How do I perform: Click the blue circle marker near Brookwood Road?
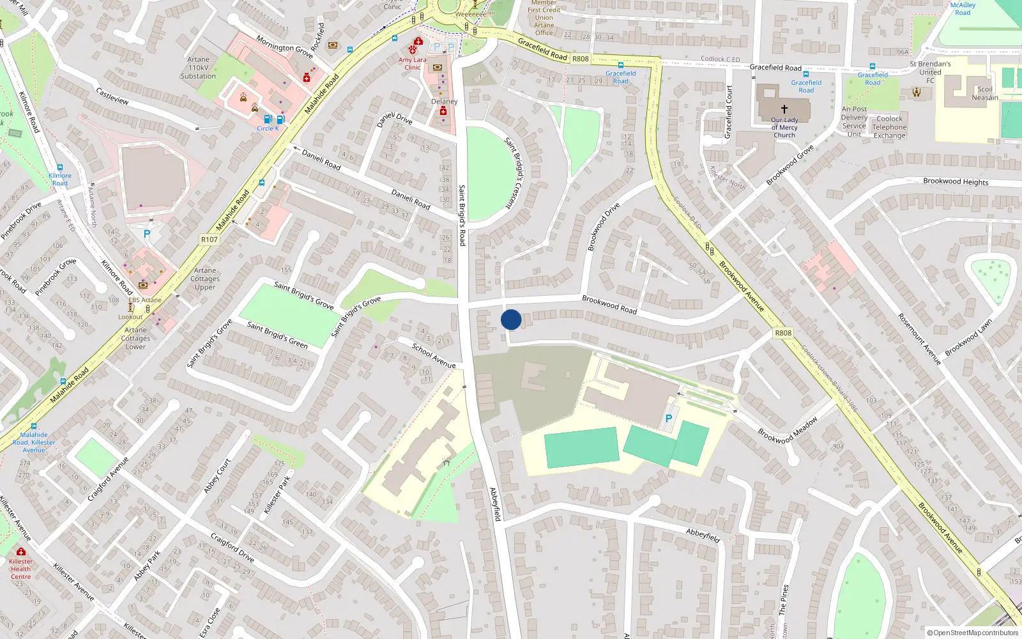[x=511, y=319]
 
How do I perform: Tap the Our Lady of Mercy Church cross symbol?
[x=784, y=109]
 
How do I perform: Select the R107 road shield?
[x=210, y=240]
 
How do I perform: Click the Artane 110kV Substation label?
[x=198, y=68]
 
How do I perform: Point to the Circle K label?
[x=268, y=128]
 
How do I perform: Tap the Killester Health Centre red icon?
[x=21, y=551]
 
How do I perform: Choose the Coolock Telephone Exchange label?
[x=890, y=127]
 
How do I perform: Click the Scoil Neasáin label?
[x=985, y=93]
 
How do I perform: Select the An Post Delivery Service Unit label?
[x=854, y=121]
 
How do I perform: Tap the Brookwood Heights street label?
[x=956, y=181]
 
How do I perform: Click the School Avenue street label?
[x=434, y=355]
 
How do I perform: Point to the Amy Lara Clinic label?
[x=413, y=64]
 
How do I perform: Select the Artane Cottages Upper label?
[x=205, y=279]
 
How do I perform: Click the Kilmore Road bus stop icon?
[x=60, y=167]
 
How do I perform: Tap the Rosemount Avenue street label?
[x=919, y=339]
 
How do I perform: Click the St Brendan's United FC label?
[x=930, y=72]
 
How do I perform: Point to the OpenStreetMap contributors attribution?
[x=972, y=633]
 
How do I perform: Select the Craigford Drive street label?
[x=233, y=548]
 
